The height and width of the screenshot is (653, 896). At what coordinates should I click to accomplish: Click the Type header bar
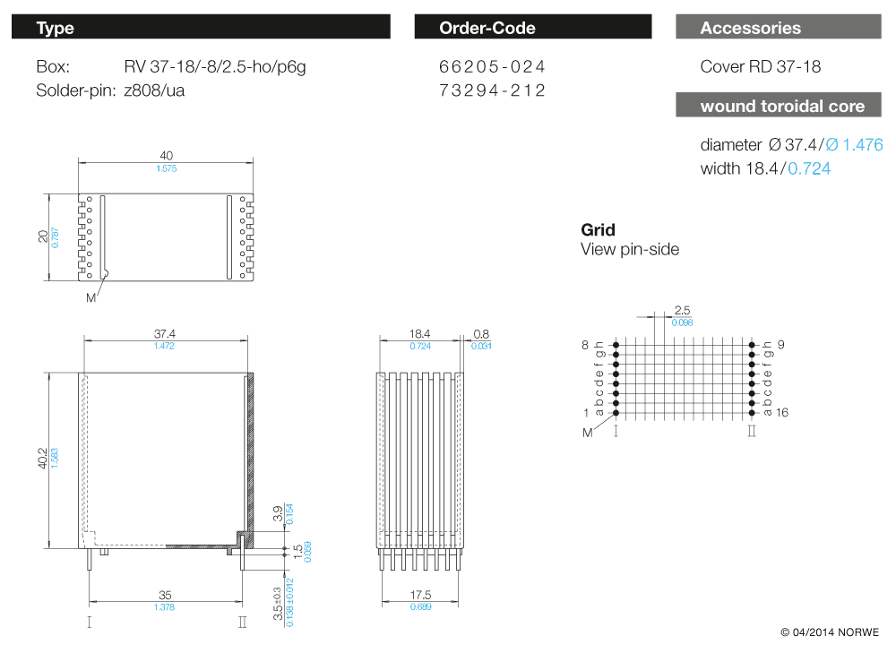tap(201, 28)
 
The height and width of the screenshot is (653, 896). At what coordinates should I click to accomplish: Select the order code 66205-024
tap(492, 67)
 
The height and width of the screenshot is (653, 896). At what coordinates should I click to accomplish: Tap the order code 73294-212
tap(492, 90)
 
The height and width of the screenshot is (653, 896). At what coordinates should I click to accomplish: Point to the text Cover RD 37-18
tap(760, 67)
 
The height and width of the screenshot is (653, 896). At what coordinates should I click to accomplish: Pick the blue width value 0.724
tap(809, 168)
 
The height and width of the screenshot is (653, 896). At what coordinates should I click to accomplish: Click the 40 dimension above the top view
tap(167, 156)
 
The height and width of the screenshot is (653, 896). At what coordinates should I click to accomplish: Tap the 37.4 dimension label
tap(165, 333)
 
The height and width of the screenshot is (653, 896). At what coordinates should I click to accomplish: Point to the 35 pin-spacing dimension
tap(165, 594)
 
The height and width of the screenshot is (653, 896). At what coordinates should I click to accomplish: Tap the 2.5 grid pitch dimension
tap(682, 310)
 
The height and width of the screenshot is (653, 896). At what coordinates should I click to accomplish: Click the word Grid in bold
tap(599, 230)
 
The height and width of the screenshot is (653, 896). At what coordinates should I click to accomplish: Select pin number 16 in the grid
tap(781, 412)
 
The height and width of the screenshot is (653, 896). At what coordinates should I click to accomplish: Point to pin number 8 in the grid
tap(585, 345)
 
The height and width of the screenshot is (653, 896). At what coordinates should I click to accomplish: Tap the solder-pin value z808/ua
tap(154, 90)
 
